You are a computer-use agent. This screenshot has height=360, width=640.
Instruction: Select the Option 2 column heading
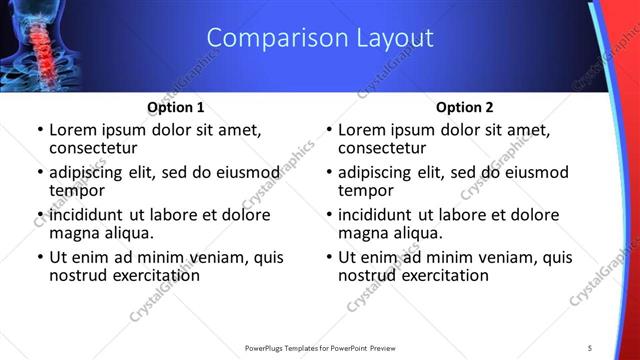pos(464,107)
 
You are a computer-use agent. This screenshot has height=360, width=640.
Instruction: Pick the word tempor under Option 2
pos(365,189)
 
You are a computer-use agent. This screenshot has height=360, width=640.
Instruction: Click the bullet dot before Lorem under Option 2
pos(329,130)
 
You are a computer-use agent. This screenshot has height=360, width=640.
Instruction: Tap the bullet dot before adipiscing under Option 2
pos(329,173)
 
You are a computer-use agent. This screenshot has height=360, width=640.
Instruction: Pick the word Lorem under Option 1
pos(73,129)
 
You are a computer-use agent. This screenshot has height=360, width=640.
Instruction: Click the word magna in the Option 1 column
pos(75,232)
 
